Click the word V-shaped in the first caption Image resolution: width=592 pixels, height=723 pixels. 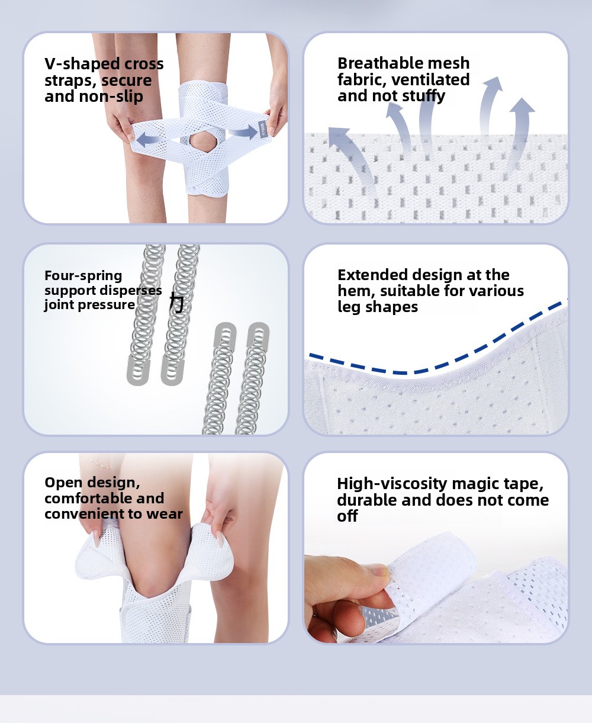pos(82,65)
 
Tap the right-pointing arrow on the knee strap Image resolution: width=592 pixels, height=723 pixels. pos(243,132)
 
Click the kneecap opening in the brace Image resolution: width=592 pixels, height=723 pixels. pos(202,143)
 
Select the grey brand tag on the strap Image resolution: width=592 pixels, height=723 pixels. pos(263,128)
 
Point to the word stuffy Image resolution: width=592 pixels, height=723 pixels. pos(424,97)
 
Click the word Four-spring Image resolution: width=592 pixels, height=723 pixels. pos(83,276)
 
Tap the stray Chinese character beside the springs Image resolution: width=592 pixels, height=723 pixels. pos(177,303)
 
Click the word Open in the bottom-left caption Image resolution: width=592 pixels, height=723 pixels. pos(63,483)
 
